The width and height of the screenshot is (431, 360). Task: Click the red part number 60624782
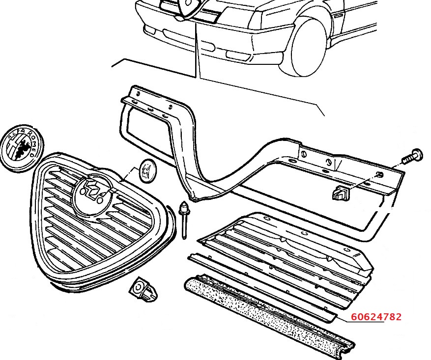tap(376, 317)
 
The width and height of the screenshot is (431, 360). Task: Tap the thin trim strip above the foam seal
tap(260, 285)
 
